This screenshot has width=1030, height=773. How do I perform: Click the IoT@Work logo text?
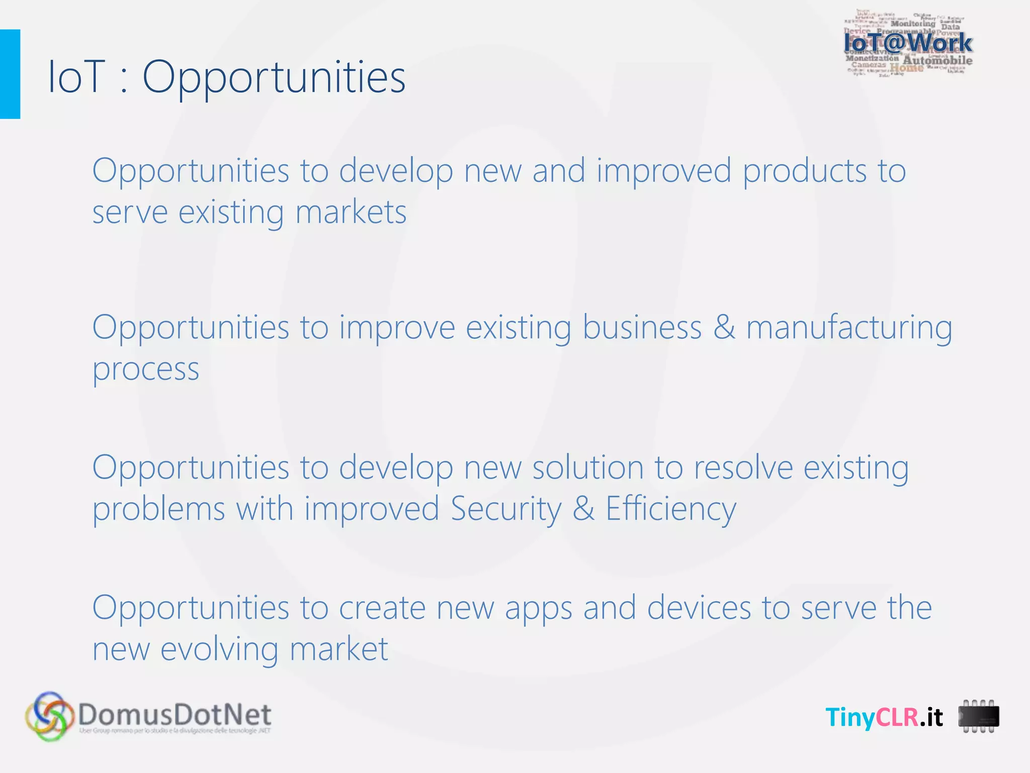coord(908,43)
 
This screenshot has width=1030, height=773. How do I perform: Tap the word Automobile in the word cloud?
coord(937,61)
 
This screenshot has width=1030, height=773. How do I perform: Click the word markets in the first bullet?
coord(351,212)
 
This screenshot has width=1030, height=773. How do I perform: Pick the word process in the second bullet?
coord(146,369)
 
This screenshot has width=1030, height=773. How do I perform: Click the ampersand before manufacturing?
coord(724,328)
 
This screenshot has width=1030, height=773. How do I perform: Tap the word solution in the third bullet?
coord(588,468)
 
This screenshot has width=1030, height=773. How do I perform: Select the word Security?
coord(505,509)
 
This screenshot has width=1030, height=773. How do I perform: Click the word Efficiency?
coord(670,509)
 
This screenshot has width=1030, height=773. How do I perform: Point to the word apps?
coord(539,609)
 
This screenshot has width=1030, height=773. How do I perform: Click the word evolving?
coord(219,650)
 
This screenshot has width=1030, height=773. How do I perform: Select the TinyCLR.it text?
coord(884,717)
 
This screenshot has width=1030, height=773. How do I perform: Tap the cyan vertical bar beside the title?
coord(10,74)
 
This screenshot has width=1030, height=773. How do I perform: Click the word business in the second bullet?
coord(642,328)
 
